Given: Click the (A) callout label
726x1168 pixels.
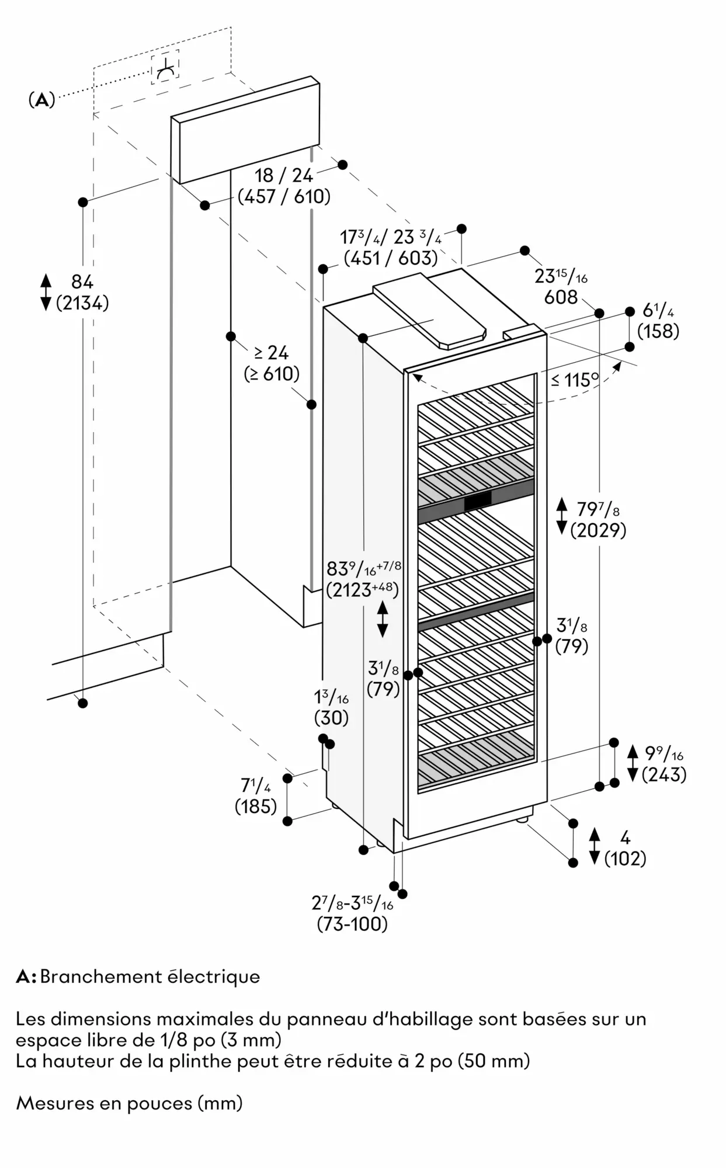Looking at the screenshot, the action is [41, 100].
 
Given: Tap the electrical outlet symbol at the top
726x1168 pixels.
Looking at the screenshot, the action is [165, 69].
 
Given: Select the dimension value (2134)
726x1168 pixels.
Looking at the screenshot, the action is [82, 303].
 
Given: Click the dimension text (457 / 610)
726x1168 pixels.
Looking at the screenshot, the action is [284, 196].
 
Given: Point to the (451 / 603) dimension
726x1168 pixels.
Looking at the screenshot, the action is [391, 258].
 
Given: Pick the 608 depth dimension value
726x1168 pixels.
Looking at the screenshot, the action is [561, 297].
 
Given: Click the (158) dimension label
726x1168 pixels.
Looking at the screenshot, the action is [658, 331].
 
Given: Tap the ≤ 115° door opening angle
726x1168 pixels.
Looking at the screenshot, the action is [575, 380].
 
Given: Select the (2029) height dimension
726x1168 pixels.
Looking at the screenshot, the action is [598, 530].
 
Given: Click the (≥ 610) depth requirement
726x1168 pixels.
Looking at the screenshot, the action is [272, 374].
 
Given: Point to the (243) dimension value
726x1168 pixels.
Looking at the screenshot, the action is [664, 774].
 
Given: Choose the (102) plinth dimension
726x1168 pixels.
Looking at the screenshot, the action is [625, 858].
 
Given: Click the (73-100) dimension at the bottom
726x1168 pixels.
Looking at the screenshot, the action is [352, 924].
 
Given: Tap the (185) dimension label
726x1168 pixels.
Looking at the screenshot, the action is [256, 807].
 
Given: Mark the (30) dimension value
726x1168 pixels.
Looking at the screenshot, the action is [331, 717].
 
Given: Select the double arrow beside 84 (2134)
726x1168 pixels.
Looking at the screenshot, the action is [46, 292].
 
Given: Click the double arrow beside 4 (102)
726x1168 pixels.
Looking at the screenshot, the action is [595, 846].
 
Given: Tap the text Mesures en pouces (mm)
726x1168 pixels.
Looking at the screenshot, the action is [129, 1103].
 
